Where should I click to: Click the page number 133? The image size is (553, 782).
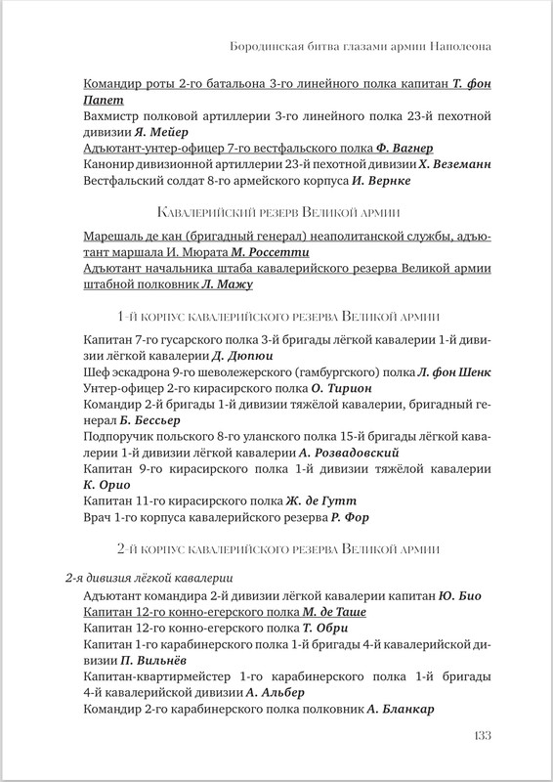tap(476, 735)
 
